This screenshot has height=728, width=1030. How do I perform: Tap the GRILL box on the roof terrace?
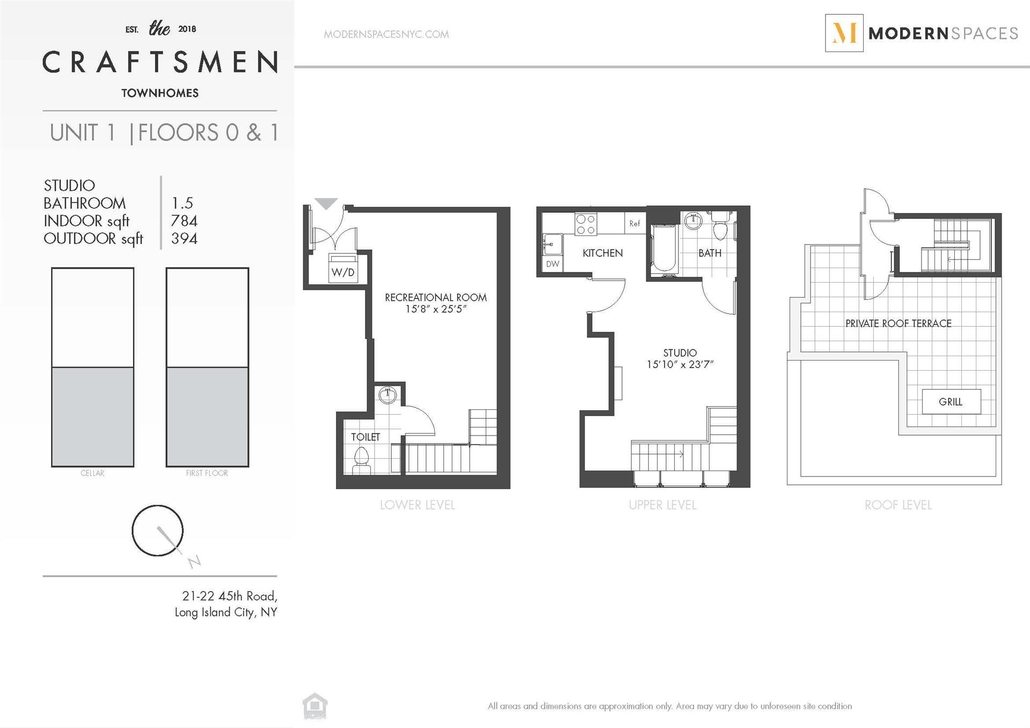coord(951,401)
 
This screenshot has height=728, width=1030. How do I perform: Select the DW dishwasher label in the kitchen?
coord(552,264)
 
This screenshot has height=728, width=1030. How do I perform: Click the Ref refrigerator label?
coord(634,224)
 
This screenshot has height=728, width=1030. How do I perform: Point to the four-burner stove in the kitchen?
coord(586,224)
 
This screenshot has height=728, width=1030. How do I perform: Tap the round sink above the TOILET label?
coord(387,395)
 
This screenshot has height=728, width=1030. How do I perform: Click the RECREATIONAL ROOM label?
coord(436,297)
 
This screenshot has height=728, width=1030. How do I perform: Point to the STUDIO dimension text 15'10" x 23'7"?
coord(680,364)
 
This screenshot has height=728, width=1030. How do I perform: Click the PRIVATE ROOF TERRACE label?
coord(898,323)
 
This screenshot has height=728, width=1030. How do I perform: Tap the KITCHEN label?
coord(603,253)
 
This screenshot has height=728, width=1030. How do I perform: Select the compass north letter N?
coord(194,561)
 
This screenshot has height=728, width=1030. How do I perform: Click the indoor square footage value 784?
coord(184,220)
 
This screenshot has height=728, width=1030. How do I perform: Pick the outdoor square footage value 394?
coord(184,238)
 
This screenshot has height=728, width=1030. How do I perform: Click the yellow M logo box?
coord(844,33)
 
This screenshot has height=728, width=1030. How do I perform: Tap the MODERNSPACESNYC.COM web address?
coord(386,34)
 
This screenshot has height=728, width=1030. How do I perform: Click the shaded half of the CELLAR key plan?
coord(93,417)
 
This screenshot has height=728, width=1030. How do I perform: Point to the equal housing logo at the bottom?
coord(315,706)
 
